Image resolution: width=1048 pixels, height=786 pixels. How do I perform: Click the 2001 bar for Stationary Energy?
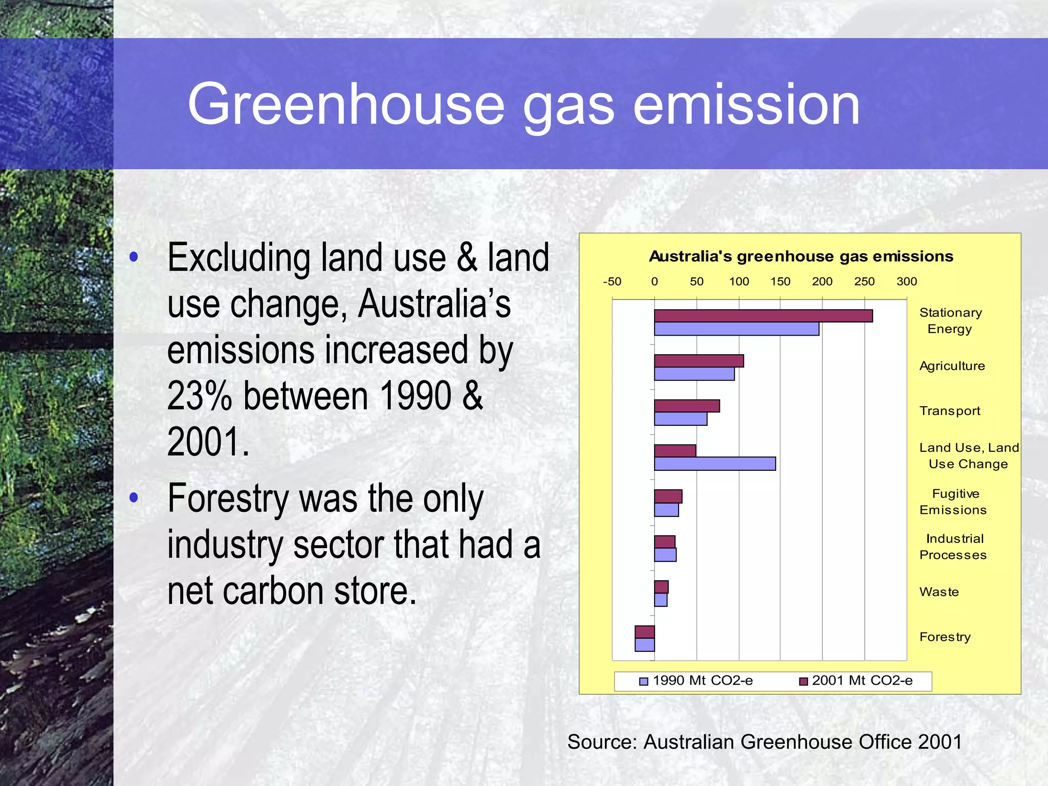(763, 316)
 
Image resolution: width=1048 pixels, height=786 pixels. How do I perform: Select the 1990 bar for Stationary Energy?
(736, 329)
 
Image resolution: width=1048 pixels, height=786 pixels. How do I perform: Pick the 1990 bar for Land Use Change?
(715, 464)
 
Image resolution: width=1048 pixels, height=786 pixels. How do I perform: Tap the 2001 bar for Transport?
(687, 406)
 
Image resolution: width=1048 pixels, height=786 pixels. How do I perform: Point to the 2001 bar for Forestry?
(645, 632)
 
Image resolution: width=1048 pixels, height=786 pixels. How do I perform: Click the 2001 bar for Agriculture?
(698, 361)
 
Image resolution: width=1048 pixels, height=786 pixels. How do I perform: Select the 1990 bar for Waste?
(661, 600)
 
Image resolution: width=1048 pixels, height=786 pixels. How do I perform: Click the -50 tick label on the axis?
(612, 281)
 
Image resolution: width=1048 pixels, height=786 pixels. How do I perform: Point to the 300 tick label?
(906, 281)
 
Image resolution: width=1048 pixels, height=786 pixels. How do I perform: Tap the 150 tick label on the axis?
(780, 281)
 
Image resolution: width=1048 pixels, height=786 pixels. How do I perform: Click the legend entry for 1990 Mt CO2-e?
(696, 681)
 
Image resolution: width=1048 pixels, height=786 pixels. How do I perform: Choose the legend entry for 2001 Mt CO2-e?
(856, 681)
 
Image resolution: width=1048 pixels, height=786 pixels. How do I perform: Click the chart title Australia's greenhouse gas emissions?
(801, 256)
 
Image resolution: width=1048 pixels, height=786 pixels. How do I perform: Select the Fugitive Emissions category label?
(953, 501)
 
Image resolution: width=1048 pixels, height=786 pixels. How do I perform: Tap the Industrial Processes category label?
(953, 547)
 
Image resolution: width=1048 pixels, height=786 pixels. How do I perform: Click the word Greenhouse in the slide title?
(345, 105)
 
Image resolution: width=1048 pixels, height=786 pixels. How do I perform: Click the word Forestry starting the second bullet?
(228, 498)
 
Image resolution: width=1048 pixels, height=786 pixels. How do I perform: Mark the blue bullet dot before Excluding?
(134, 257)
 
